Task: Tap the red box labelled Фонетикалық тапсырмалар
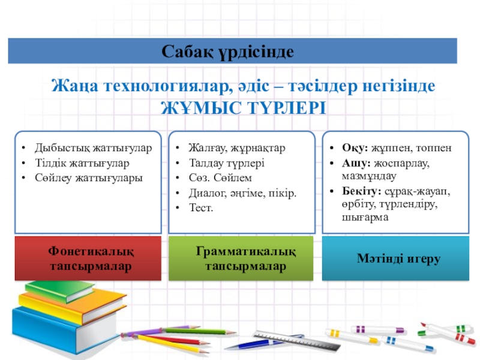(88, 259)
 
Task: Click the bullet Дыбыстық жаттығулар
(93, 148)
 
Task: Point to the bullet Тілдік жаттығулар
(82, 163)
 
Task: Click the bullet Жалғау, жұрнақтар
(237, 148)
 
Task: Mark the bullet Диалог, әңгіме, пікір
(242, 193)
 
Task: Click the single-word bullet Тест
(201, 208)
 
